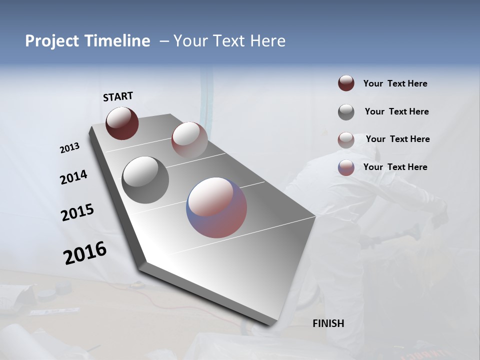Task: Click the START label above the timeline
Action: point(118,96)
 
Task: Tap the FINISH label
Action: point(328,323)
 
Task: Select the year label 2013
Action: point(70,148)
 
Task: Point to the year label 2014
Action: point(73,177)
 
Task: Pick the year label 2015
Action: point(77,212)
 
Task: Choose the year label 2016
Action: point(85,253)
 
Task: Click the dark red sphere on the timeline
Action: point(122,123)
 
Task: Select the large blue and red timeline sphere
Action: point(216,207)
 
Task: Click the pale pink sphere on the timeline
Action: point(189,139)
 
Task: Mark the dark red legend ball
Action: point(346,83)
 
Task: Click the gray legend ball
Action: point(346,112)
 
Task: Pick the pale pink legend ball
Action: point(346,139)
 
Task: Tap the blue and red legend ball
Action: point(346,167)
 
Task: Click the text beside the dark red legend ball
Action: point(395,84)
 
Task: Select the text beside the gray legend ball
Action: point(396,111)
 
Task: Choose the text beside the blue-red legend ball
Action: point(395,167)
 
